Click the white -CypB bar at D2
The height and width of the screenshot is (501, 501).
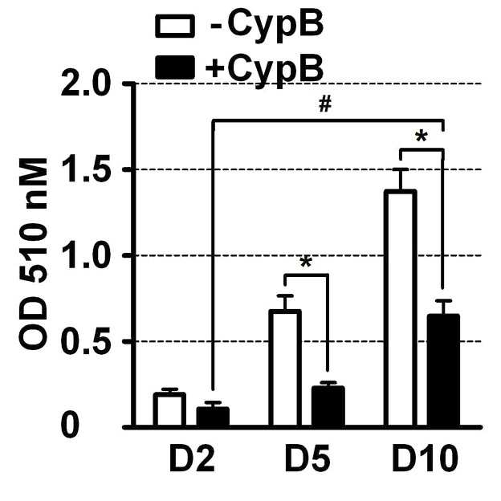click(x=169, y=409)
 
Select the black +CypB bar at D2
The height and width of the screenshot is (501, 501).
click(x=213, y=417)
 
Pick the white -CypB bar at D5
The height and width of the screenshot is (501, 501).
click(x=285, y=368)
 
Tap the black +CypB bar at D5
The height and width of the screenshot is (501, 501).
click(x=328, y=406)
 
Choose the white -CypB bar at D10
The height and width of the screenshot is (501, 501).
click(x=401, y=308)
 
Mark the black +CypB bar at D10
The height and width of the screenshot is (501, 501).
click(x=443, y=371)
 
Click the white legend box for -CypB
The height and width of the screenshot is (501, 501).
click(x=175, y=26)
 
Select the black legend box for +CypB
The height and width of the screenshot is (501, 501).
click(x=175, y=67)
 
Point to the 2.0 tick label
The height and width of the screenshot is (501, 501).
click(x=85, y=83)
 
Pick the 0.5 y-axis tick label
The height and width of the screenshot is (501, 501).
click(x=85, y=341)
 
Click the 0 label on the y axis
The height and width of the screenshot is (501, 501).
click(x=70, y=426)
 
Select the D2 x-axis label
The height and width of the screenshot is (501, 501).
click(x=192, y=459)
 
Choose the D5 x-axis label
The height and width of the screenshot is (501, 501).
click(x=308, y=459)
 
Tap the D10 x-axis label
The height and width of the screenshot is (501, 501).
click(x=425, y=459)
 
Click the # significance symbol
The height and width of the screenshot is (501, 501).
click(x=325, y=104)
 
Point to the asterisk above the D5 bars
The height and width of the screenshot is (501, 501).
click(x=306, y=263)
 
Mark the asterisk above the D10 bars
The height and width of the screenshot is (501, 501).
click(x=422, y=136)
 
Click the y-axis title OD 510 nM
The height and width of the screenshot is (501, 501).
click(x=34, y=254)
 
